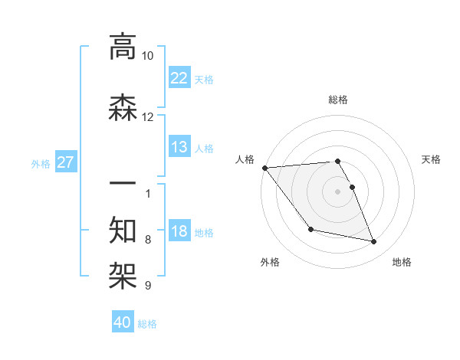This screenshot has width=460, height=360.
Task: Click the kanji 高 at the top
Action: tap(123, 47)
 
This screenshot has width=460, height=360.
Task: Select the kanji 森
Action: tap(123, 108)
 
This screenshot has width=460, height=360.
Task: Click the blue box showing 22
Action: tap(179, 77)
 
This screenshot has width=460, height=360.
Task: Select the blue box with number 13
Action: tap(179, 147)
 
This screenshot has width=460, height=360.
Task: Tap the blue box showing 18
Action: tap(179, 231)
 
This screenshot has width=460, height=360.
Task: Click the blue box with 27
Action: tap(65, 162)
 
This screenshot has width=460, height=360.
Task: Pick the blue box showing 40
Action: tap(123, 322)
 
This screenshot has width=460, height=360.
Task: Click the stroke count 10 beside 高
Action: tap(147, 56)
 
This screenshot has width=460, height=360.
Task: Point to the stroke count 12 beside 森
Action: tap(147, 117)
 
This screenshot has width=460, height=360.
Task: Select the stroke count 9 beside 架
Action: tap(147, 286)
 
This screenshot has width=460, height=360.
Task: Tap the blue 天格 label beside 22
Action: tap(204, 79)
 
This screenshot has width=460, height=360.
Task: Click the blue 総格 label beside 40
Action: tap(147, 324)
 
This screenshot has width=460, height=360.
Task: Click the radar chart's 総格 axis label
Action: tap(338, 100)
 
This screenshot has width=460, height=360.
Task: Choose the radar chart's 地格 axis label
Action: tap(402, 262)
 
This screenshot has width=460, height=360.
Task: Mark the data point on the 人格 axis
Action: tap(265, 168)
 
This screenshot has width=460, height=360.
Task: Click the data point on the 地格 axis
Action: tap(374, 241)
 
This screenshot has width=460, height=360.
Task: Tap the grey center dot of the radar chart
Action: tap(338, 191)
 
